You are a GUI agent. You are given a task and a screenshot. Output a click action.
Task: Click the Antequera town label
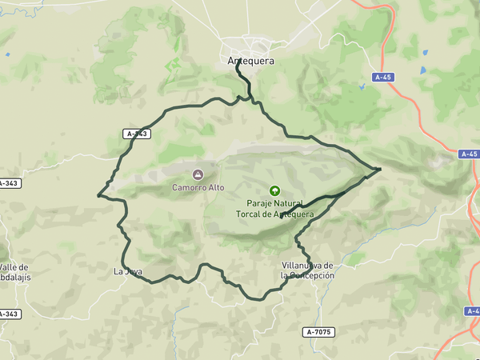251,61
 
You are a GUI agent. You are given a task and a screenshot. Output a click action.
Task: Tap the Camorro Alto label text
198,188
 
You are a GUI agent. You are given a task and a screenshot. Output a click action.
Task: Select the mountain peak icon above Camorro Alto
198,174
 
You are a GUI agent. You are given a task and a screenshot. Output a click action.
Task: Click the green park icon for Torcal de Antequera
275,190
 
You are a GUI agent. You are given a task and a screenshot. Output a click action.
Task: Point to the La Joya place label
128,271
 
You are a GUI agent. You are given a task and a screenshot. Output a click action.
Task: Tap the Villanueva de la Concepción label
307,270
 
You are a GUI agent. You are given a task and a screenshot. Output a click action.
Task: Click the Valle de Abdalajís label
14,272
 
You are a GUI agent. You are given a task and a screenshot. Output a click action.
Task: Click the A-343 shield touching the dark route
137,134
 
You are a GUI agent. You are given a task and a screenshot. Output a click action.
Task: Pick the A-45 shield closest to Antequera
384,78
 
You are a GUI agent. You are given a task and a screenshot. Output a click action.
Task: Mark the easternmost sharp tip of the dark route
380,169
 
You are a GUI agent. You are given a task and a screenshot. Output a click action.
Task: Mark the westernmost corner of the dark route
98,194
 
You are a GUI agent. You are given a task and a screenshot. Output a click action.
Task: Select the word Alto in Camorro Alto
214,188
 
